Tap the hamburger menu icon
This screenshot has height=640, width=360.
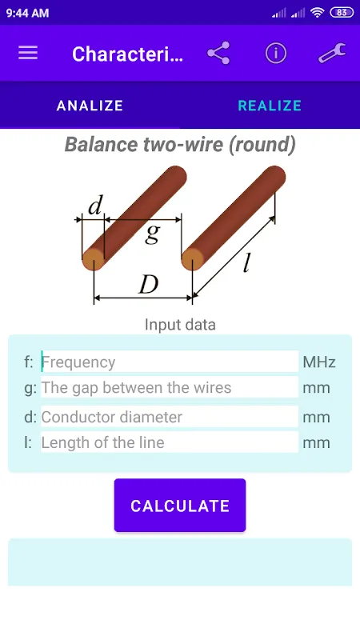point(28,53)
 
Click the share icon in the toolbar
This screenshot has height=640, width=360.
point(218,53)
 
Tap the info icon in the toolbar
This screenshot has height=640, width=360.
point(276,53)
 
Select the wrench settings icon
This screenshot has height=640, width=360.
point(332,53)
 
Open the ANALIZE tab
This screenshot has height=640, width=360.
point(90,106)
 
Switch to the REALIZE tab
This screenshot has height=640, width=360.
point(270,106)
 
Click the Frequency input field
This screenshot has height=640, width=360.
point(170,362)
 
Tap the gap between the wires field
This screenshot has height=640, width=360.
point(170,387)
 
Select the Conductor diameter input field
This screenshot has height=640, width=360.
point(170,417)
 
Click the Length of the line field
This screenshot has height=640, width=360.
point(170,442)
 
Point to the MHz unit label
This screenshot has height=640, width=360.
point(319,362)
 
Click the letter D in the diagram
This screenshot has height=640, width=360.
point(148,285)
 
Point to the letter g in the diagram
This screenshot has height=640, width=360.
point(152,234)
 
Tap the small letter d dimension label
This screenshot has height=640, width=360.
point(95,206)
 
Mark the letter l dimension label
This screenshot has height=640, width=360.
point(246,262)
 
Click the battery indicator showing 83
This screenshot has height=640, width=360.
point(342,13)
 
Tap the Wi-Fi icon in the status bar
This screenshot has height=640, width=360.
point(317,13)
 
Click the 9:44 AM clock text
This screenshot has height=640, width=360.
point(28,13)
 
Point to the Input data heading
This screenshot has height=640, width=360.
point(180,325)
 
